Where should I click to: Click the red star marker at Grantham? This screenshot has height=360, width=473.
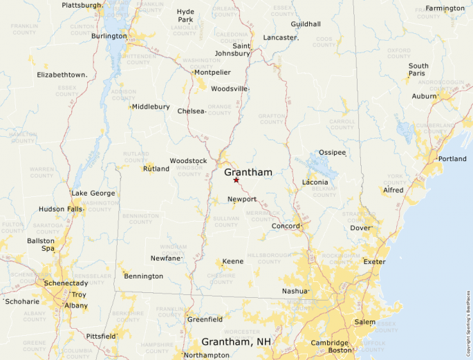pos(236,180)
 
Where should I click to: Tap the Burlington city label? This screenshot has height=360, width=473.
pos(109,36)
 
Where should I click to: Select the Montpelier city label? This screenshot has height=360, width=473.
pos(212,73)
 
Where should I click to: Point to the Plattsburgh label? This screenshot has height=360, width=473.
pos(82,6)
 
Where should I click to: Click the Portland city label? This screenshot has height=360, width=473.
pos(452,159)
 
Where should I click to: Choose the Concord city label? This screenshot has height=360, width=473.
pos(285,226)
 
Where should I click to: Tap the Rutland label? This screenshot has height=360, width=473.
pos(156,169)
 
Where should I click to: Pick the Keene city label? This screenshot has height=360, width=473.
pos(232,262)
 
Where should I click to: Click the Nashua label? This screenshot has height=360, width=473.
pos(294,291)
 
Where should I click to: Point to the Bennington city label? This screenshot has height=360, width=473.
pos(143,276)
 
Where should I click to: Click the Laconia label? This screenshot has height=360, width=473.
pos(315,182)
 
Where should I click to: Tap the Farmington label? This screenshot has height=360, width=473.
pos(445,8)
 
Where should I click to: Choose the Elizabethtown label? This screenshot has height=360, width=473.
pos(62,75)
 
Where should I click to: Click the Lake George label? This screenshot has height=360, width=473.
pos(93,193)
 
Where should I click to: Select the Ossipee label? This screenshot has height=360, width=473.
pos(332,153)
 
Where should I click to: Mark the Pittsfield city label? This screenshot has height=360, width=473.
pos(101,336)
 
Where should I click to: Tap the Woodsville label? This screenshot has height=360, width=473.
pos(229,89)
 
